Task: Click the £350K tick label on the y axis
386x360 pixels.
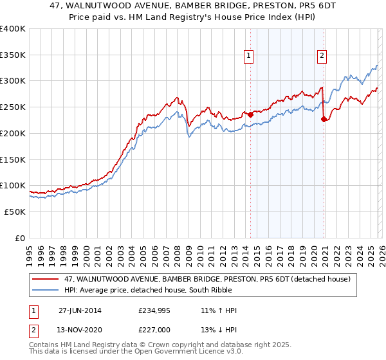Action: point(13,55)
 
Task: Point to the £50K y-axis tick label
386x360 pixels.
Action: point(15,212)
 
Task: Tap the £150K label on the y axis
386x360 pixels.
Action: point(13,159)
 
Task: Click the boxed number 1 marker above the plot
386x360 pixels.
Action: point(249,56)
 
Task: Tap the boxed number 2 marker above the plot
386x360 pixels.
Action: point(322,56)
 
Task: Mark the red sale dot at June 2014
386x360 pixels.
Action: point(250,115)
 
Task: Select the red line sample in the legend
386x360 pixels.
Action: point(46,280)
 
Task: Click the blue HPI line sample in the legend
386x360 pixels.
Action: point(46,290)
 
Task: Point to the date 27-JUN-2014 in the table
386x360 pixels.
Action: point(80,310)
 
